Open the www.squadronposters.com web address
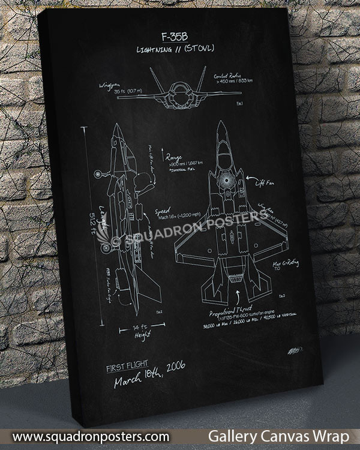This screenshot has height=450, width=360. click(90, 436)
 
